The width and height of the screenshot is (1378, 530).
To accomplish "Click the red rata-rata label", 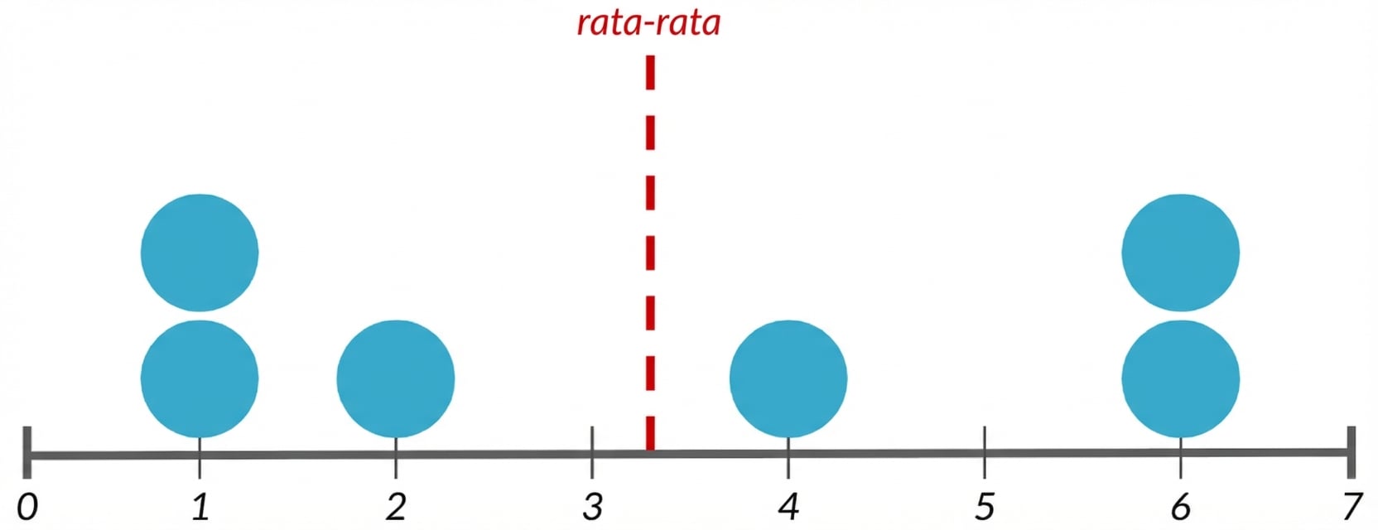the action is (648, 23).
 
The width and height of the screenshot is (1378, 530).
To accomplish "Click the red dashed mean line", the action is (650, 253).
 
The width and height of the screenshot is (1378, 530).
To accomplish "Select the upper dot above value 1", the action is (200, 253).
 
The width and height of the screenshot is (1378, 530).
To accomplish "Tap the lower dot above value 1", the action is (200, 378).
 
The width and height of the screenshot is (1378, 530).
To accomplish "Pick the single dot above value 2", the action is (396, 378).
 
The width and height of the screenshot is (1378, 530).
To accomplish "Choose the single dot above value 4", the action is (788, 378).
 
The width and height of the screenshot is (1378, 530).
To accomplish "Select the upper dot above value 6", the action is (1181, 253).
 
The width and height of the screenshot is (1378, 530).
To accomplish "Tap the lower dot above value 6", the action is (1181, 378).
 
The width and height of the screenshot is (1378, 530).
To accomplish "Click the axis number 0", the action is (27, 508).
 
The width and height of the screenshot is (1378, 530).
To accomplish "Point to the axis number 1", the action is (200, 508).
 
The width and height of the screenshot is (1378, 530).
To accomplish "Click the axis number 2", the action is (396, 508).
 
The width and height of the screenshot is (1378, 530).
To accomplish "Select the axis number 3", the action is (592, 508).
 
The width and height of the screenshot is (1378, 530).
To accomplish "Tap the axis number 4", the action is (788, 508).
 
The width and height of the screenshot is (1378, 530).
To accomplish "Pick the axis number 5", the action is (985, 508).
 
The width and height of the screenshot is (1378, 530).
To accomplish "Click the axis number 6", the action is (1181, 508).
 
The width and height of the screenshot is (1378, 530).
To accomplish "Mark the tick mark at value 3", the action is (592, 452).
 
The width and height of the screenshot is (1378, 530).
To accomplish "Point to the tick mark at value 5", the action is (985, 452).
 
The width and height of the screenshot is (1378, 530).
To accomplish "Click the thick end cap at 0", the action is (27, 452).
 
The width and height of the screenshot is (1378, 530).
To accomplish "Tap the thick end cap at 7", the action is (1351, 452).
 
